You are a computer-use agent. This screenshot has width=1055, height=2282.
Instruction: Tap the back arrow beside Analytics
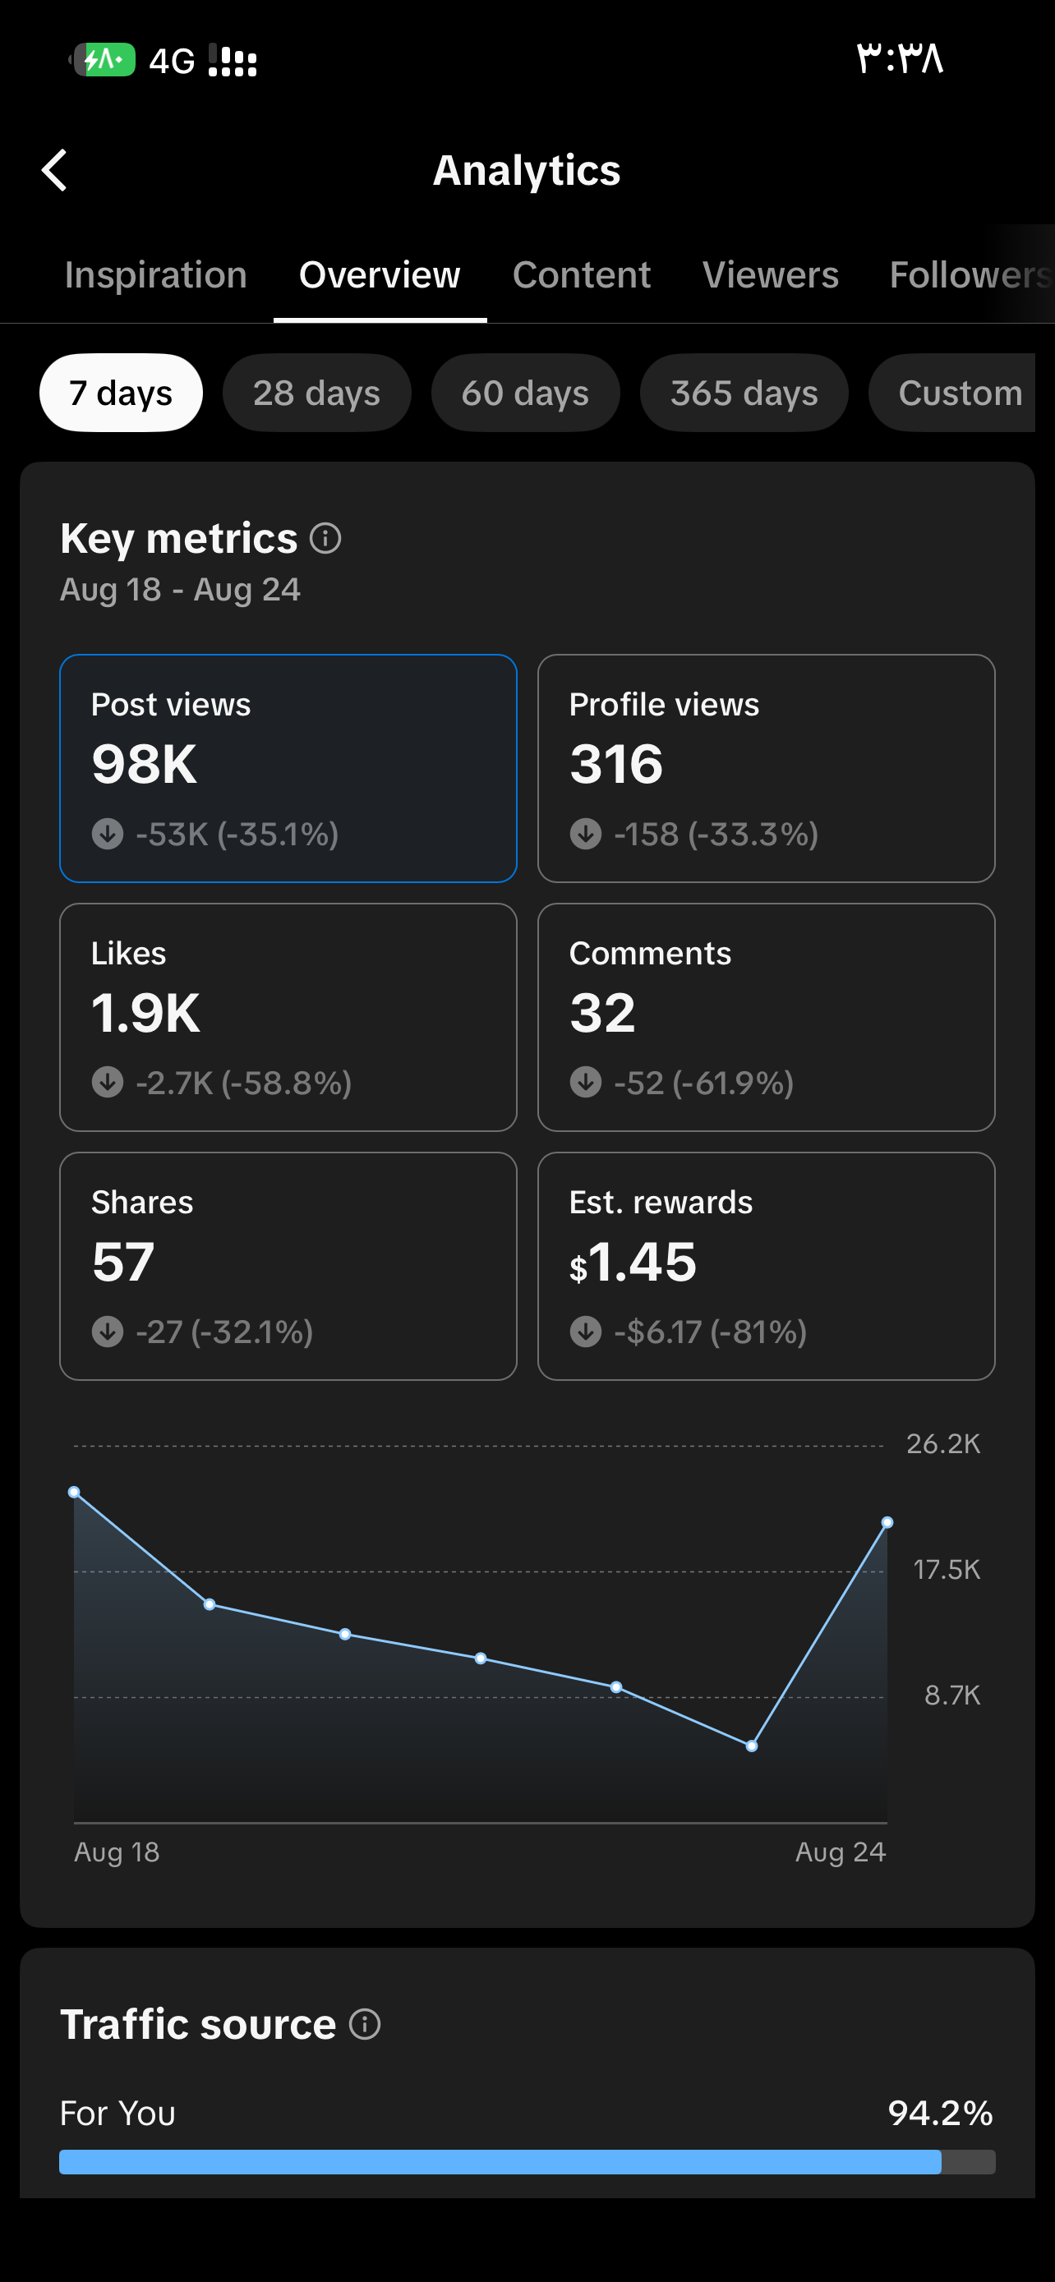click(x=54, y=170)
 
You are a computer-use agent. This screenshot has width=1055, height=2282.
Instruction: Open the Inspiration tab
click(x=156, y=274)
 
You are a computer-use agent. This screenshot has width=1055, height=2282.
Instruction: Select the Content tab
click(x=581, y=274)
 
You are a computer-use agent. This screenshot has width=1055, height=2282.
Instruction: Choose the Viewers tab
click(x=770, y=274)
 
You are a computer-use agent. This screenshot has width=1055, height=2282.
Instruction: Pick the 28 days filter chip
click(x=316, y=393)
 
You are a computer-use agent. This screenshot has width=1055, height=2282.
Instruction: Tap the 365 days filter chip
click(x=744, y=393)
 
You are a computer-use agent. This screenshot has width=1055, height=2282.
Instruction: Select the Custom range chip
click(x=953, y=393)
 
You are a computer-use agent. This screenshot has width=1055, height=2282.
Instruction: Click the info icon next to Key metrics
click(x=325, y=538)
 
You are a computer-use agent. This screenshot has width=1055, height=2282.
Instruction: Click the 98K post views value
click(x=145, y=764)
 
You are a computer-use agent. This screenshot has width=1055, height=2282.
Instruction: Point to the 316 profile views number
click(x=616, y=764)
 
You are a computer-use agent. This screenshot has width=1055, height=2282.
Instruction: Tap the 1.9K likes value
click(x=146, y=1013)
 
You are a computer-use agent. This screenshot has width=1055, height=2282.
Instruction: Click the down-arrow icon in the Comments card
click(x=586, y=1083)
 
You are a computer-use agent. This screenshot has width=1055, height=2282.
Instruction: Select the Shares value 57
click(x=123, y=1262)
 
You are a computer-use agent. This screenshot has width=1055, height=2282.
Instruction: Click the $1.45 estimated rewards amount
click(x=633, y=1262)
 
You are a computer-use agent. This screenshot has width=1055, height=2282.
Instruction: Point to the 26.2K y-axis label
click(x=942, y=1444)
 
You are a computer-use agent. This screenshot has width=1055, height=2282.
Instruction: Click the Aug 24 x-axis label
click(x=840, y=1852)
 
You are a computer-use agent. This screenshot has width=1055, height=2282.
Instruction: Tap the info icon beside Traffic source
click(x=365, y=2024)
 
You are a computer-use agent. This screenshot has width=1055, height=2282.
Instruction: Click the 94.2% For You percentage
click(x=940, y=2113)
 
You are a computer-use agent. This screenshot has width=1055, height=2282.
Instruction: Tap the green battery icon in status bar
click(x=104, y=59)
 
